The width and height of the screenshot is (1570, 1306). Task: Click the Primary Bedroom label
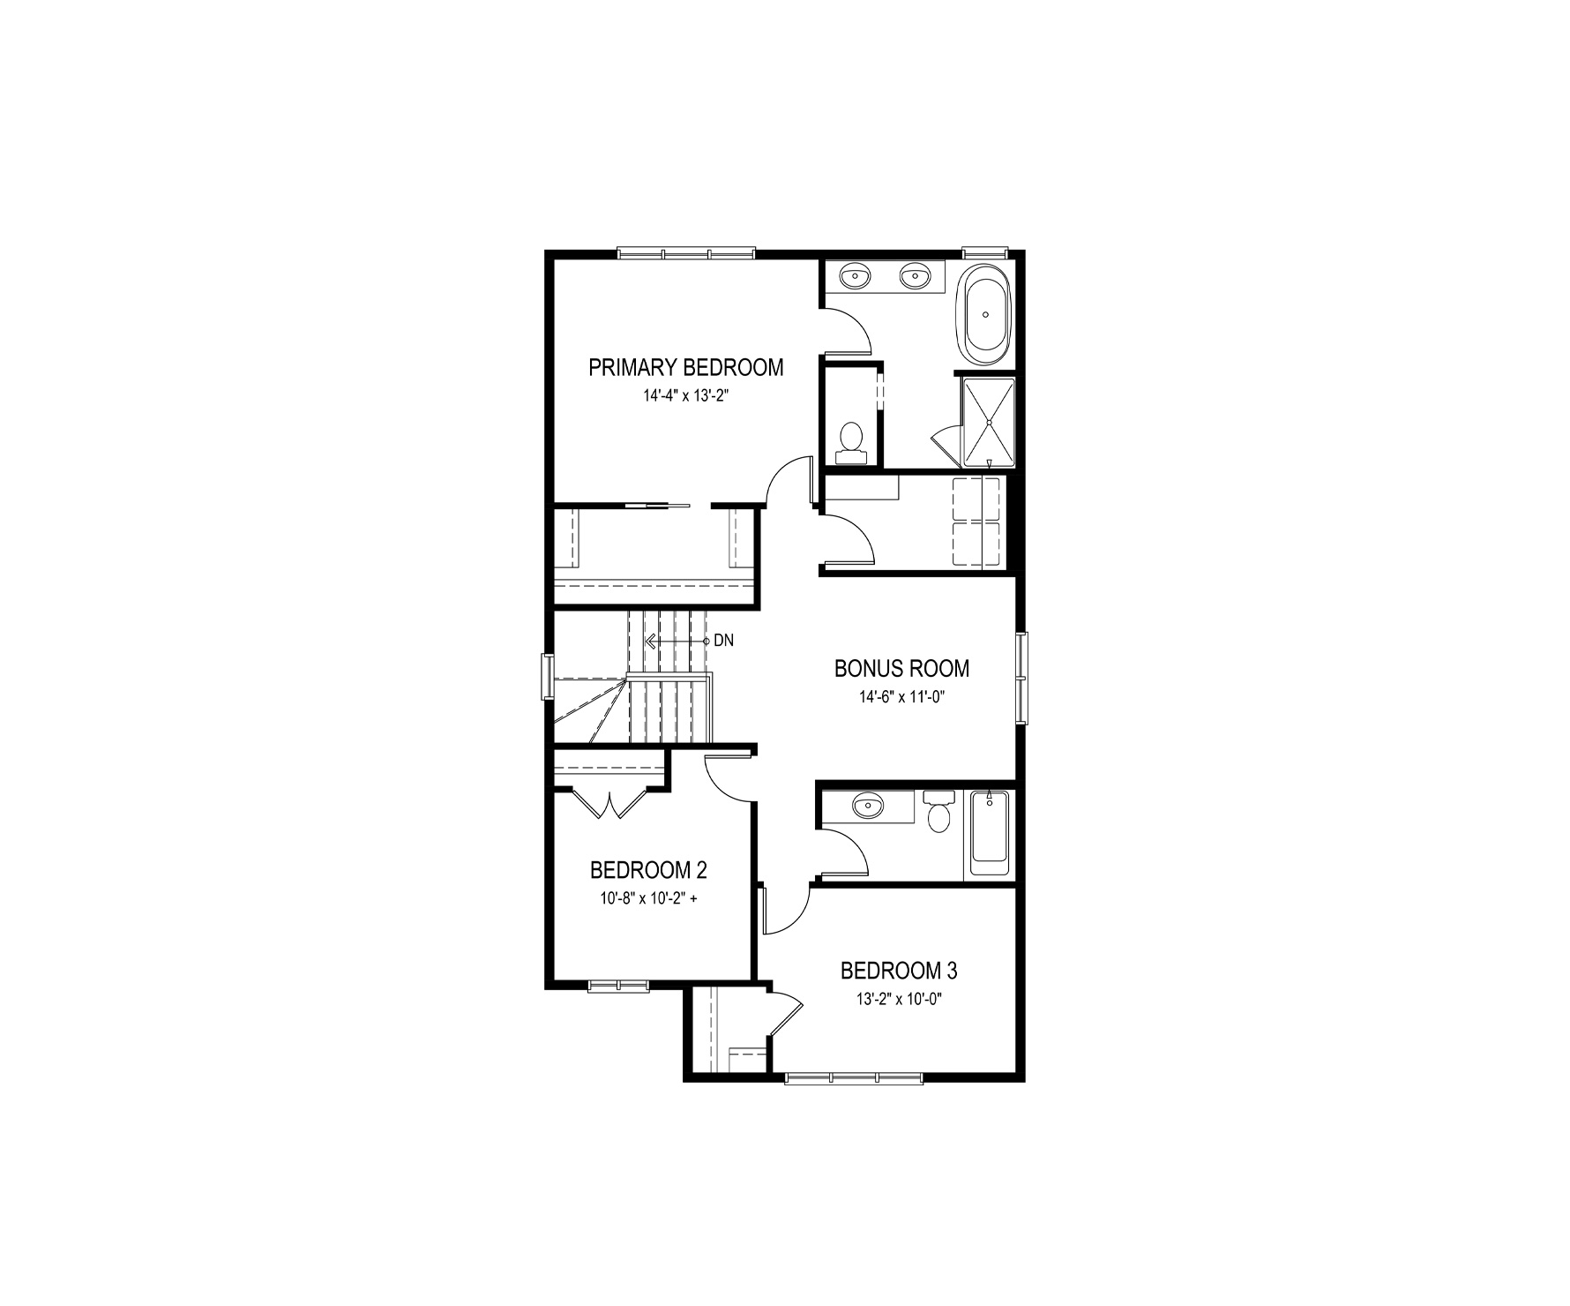685,367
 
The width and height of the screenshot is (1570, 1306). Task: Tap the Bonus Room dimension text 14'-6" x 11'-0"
901,697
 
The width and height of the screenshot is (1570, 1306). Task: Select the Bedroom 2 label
648,871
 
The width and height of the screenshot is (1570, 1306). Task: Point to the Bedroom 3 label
899,972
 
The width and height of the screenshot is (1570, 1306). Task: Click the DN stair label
723,641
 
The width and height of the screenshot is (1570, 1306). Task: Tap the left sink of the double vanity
854,277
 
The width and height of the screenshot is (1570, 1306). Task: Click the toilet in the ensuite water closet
851,442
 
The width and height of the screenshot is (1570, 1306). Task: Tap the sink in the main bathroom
869,805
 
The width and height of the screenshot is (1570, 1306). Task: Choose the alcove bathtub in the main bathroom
990,834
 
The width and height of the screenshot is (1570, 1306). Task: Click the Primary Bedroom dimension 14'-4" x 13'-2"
685,397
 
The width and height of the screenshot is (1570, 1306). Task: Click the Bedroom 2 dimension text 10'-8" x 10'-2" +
649,900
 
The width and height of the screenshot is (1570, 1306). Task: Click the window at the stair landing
548,677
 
